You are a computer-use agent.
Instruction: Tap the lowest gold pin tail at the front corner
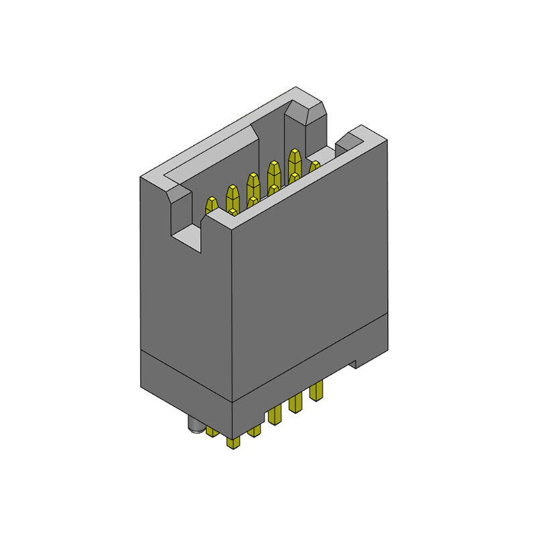(234, 442)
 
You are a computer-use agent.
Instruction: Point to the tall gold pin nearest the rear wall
(294, 161)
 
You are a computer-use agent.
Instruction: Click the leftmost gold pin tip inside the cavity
(211, 205)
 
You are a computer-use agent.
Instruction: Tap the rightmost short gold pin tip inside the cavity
(314, 165)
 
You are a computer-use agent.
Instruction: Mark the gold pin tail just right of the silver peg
(212, 430)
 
